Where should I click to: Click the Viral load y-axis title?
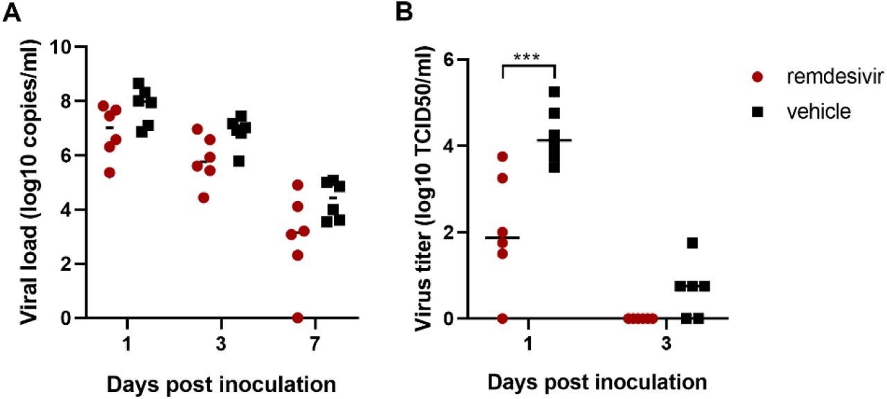pyautogui.click(x=28, y=182)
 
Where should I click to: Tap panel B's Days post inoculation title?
pyautogui.click(x=597, y=383)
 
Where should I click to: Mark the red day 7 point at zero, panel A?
pyautogui.click(x=297, y=318)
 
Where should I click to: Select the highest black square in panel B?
pyautogui.click(x=554, y=91)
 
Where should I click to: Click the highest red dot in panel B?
pyautogui.click(x=502, y=157)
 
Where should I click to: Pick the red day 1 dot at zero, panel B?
pyautogui.click(x=502, y=318)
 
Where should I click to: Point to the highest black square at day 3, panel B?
pyautogui.click(x=692, y=243)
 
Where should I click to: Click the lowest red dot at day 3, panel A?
pyautogui.click(x=203, y=197)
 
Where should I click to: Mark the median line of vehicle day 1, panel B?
pyautogui.click(x=554, y=140)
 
